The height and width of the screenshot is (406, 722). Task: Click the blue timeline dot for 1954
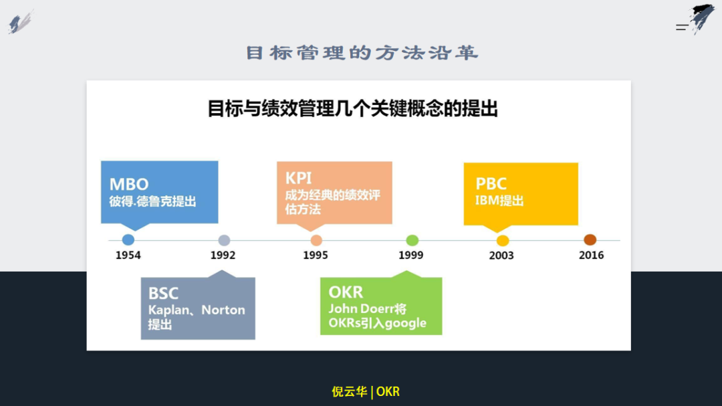pos(128,239)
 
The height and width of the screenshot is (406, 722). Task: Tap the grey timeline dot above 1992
pos(224,240)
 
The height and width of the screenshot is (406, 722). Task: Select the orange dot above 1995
pos(316,240)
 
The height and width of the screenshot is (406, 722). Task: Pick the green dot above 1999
pos(412,240)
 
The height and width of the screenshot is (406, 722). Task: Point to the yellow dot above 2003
pos(502,241)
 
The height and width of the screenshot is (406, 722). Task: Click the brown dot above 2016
pos(590,239)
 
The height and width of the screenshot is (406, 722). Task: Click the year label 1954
pos(128,256)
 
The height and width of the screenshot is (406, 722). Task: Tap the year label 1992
pos(223,256)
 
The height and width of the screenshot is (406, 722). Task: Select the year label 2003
pos(501,256)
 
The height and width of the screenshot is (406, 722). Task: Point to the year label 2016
pos(591,256)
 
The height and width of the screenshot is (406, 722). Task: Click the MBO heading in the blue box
pos(129,185)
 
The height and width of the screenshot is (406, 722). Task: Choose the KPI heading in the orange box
pos(298,179)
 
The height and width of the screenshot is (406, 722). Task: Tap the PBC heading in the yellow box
pos(491,184)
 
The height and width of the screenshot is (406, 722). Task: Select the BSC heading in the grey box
pos(163,294)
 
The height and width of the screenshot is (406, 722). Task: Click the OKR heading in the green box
pos(346,292)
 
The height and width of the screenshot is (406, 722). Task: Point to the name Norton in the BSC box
pos(223,310)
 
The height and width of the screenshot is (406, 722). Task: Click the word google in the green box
pos(406,324)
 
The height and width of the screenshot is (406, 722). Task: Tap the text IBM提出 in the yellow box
pos(499,201)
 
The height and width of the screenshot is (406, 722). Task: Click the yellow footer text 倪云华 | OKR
pos(366,392)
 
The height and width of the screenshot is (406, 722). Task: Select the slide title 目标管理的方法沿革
pos(362,53)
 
